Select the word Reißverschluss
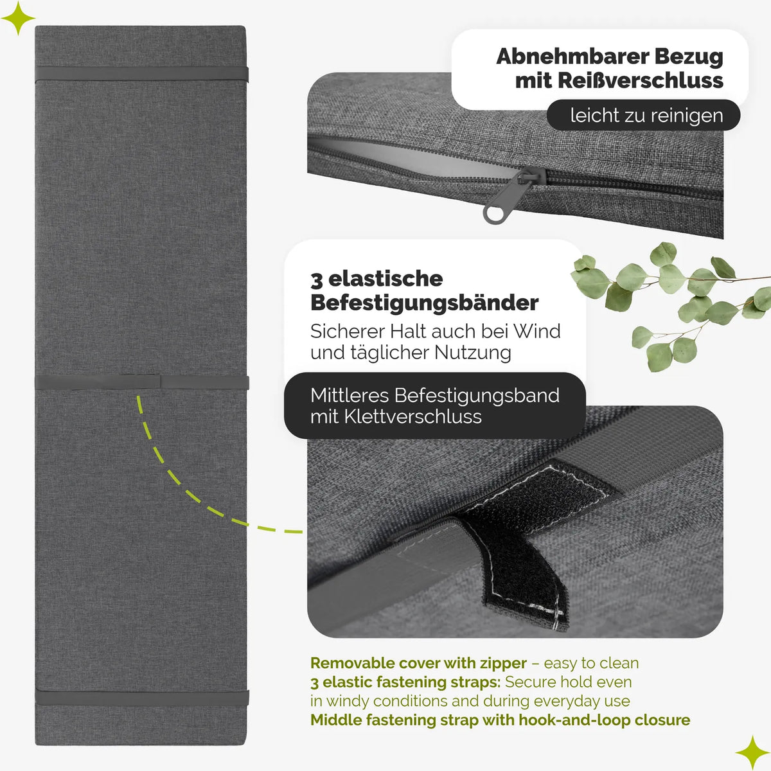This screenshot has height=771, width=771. coord(640,81)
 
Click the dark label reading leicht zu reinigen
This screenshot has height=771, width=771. coord(643,115)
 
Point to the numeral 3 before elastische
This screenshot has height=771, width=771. coord(316,279)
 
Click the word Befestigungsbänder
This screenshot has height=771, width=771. coord(425,303)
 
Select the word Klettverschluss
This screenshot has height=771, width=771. coord(413,417)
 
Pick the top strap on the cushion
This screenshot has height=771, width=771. coord(141,74)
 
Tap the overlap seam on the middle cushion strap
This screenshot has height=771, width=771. coord(161,381)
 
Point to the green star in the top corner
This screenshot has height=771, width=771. coord(18,18)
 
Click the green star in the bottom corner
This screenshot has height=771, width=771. coord(752,752)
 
